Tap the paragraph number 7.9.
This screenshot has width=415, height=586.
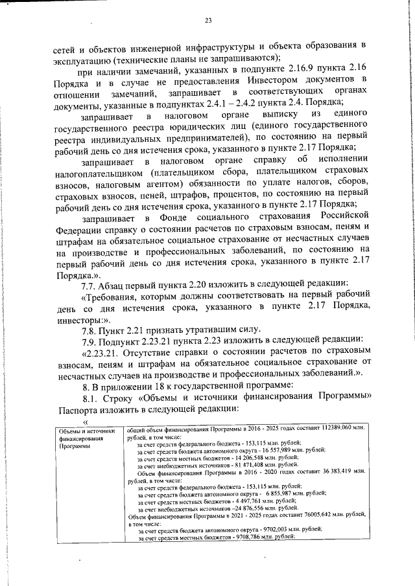89,341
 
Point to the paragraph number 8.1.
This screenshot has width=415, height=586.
89,396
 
